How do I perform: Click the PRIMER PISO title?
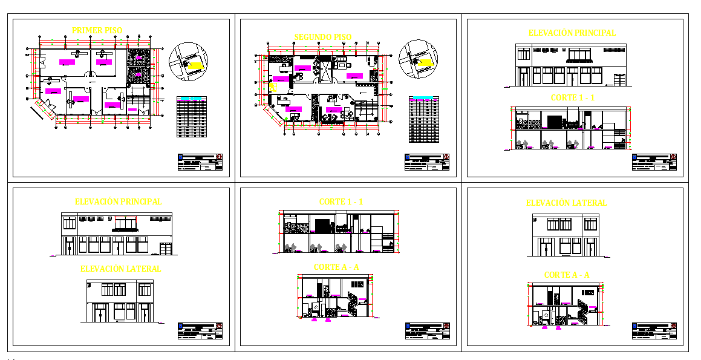click(x=97, y=30)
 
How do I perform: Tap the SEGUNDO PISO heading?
click(x=322, y=37)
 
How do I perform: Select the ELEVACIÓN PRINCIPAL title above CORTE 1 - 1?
click(x=572, y=33)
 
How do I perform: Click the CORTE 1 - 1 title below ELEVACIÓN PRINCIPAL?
click(x=573, y=97)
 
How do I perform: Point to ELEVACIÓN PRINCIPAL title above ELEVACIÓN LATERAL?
click(x=118, y=201)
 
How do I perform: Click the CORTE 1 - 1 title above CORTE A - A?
click(x=341, y=201)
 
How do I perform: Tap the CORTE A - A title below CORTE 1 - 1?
click(x=336, y=267)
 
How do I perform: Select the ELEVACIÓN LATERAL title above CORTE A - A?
click(x=566, y=203)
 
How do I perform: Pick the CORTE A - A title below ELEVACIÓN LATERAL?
click(x=566, y=275)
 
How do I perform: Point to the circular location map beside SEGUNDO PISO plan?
click(x=418, y=59)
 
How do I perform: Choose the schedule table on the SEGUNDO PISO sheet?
click(x=423, y=119)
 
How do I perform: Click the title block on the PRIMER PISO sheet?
click(x=200, y=162)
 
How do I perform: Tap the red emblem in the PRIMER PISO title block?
click(x=219, y=156)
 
